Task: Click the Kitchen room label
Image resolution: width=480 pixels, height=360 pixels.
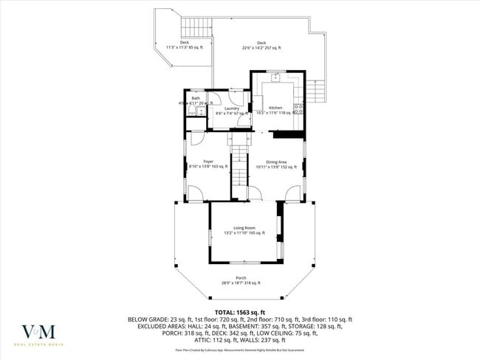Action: [x=275, y=108]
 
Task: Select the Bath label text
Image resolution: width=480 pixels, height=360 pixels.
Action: [x=196, y=98]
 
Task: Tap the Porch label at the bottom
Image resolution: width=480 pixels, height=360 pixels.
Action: [x=241, y=278]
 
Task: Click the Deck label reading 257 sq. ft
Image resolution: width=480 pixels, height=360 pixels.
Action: [x=261, y=44]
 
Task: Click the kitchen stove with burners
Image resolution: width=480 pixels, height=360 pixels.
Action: [x=298, y=109]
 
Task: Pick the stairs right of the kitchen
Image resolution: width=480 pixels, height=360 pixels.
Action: [x=316, y=90]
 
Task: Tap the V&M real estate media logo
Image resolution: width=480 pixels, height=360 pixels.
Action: [x=42, y=333]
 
